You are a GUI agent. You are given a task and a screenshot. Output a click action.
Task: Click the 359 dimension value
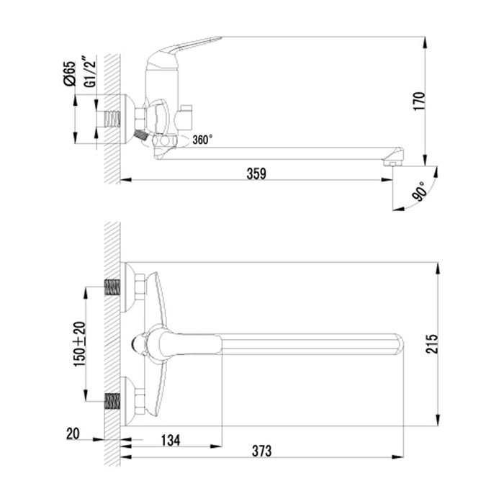pos(256,173)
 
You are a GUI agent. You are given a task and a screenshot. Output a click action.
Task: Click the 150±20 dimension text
pos(79,344)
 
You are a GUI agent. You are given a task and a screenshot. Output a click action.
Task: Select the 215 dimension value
pos(451,344)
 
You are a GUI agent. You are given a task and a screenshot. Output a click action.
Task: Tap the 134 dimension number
pos(171,439)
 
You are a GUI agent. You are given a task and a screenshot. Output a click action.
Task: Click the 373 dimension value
pos(262,451)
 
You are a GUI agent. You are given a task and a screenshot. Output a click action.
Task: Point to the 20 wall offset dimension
pos(71,435)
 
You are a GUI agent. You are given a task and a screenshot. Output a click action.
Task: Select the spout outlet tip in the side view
pos(394,159)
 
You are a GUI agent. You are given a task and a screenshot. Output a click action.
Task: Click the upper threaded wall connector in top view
pos(112,288)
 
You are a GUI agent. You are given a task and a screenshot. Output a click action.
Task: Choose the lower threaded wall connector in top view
pos(112,400)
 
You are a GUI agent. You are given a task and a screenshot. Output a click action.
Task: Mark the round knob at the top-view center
pos(139,344)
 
